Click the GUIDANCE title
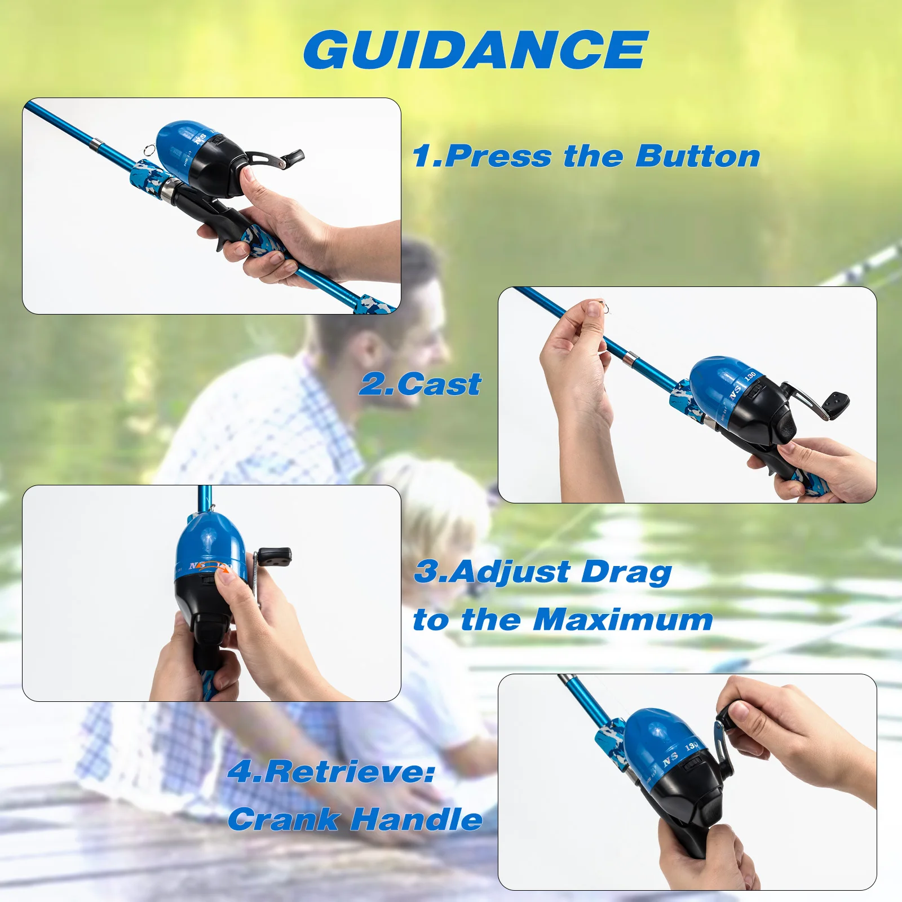(x=476, y=50)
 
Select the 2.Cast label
(x=421, y=384)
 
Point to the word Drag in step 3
(x=626, y=573)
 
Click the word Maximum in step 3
(x=623, y=620)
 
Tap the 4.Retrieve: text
(x=331, y=771)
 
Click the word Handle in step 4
(x=417, y=819)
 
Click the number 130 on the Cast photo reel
(x=750, y=375)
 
